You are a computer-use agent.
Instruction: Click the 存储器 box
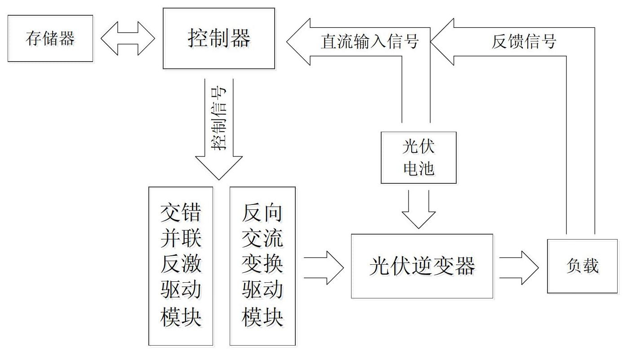click(50, 38)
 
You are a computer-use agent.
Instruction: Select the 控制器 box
click(219, 38)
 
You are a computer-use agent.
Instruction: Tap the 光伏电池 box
click(418, 157)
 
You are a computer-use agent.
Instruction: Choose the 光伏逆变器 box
click(422, 266)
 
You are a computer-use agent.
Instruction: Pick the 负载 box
click(582, 266)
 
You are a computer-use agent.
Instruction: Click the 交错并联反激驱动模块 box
click(181, 266)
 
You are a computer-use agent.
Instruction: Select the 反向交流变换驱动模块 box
click(263, 266)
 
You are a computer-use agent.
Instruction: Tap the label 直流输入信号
click(369, 41)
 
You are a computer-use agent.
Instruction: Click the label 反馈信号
click(524, 41)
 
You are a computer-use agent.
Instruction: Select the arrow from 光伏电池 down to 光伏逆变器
click(418, 209)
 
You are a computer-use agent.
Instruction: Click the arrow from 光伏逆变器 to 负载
click(519, 267)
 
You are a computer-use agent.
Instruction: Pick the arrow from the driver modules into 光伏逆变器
click(324, 267)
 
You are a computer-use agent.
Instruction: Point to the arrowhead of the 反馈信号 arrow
click(443, 41)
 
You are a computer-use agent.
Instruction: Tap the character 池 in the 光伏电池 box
click(427, 169)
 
